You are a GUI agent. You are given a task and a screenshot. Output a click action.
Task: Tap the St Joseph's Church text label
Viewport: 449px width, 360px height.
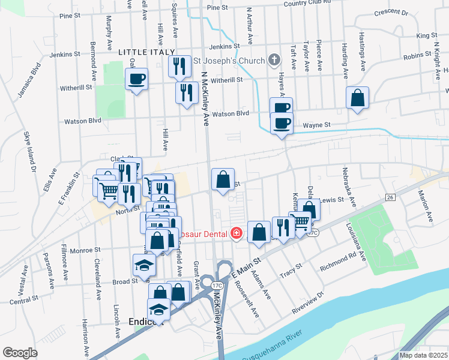click(x=229, y=61)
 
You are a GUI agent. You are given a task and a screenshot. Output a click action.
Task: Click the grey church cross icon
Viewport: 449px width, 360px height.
click(x=274, y=59)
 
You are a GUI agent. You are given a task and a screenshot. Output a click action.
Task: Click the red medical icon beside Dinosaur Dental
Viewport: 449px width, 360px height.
click(x=237, y=233)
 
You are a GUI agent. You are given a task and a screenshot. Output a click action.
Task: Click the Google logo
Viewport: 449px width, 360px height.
click(x=20, y=353)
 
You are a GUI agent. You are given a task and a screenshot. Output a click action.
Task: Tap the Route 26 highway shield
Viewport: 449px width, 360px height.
click(x=390, y=197)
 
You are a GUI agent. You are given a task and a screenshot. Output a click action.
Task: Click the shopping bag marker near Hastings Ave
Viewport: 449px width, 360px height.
click(x=357, y=98)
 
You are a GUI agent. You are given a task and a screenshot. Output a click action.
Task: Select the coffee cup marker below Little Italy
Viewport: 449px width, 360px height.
click(x=137, y=79)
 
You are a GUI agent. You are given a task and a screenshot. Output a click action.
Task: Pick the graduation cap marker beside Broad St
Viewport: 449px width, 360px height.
click(x=143, y=265)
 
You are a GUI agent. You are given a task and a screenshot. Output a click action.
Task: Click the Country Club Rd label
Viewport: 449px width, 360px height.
click(x=308, y=3)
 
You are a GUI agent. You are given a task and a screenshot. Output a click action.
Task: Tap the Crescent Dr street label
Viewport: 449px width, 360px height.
click(x=391, y=12)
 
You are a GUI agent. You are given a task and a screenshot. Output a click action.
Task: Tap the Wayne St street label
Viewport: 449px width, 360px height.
click(x=317, y=125)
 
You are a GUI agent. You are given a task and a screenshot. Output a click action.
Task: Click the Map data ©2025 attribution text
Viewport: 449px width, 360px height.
click(x=423, y=355)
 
